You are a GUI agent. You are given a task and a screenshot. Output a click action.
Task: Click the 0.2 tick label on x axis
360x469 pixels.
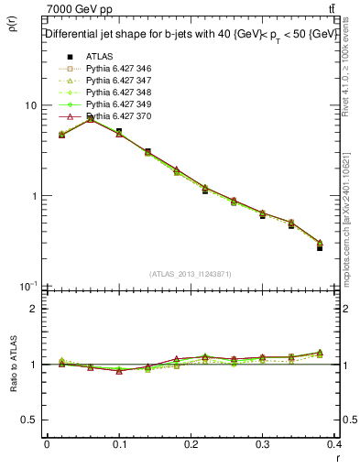tap(191, 446)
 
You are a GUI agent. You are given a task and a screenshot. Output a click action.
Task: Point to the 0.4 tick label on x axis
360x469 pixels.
tap(334, 446)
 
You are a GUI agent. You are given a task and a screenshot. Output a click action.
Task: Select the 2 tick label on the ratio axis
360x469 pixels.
tap(33, 309)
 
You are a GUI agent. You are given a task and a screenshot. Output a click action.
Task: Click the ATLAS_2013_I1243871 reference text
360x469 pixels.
tap(191, 274)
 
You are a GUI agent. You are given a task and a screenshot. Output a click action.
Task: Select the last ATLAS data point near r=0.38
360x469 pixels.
tap(319, 247)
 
